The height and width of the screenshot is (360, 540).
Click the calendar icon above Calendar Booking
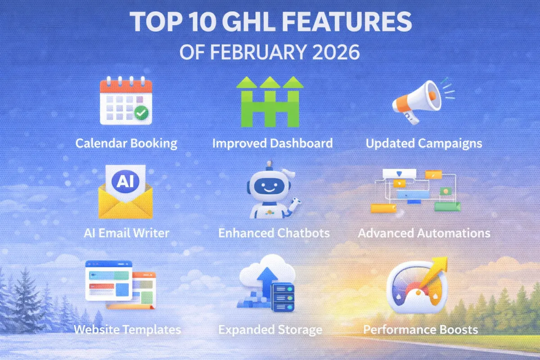[x=126, y=101]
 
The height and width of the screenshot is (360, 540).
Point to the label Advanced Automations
[x=424, y=233]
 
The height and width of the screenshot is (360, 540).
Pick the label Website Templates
[x=127, y=329]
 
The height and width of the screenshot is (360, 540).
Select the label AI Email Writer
[x=126, y=233]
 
